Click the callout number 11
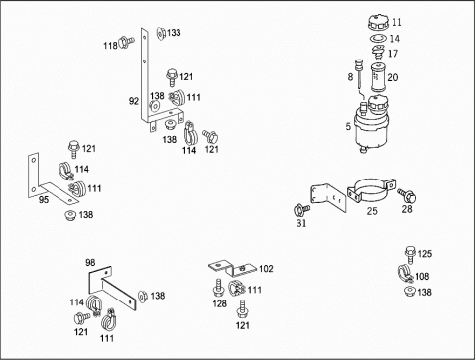point(397,22)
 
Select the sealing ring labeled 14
point(378,39)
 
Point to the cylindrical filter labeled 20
point(378,77)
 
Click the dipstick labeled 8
point(359,73)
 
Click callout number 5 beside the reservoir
point(348,126)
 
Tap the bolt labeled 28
point(407,195)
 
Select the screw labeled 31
point(301,210)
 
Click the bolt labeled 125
point(410,255)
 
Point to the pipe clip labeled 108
point(405,273)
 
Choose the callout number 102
point(266,269)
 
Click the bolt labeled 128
point(219,288)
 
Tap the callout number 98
point(90,262)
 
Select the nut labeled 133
point(161,33)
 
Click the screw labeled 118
point(126,42)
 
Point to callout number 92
point(134,101)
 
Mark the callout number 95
point(44,199)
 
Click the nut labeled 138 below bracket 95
point(70,215)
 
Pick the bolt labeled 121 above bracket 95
point(73,150)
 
